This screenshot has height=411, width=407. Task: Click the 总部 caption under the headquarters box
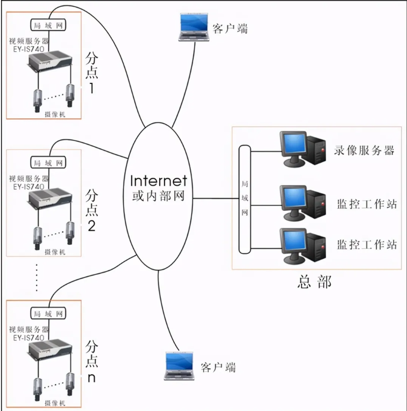point(314,282)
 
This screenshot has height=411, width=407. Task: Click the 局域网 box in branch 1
point(48,25)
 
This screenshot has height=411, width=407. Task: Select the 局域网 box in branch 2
point(49,163)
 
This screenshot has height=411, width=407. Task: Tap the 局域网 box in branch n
point(48,314)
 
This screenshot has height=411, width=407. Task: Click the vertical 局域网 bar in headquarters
point(244,199)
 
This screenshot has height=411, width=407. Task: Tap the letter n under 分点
point(91,377)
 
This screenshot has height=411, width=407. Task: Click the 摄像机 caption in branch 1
point(55,114)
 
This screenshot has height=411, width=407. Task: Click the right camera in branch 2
point(70,235)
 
